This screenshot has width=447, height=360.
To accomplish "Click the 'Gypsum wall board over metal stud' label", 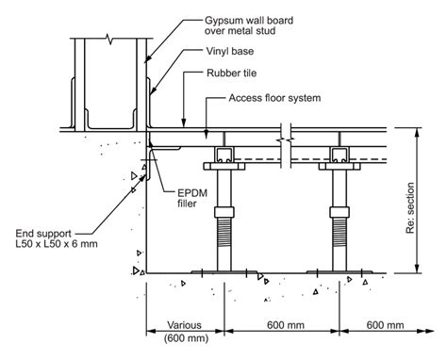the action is (249, 25).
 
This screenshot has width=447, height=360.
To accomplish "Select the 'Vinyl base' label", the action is (230, 51).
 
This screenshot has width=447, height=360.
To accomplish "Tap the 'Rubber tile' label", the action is (231, 74).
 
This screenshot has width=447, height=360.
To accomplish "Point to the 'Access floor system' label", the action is (274, 98).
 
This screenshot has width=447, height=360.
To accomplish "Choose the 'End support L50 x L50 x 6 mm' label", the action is (57, 238).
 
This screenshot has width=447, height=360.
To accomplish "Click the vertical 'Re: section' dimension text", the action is (410, 208).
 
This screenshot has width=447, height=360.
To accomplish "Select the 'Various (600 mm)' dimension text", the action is (185, 331).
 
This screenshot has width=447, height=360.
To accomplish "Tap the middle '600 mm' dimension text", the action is (286, 325).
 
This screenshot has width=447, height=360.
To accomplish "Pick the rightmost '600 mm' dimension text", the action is (385, 325).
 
